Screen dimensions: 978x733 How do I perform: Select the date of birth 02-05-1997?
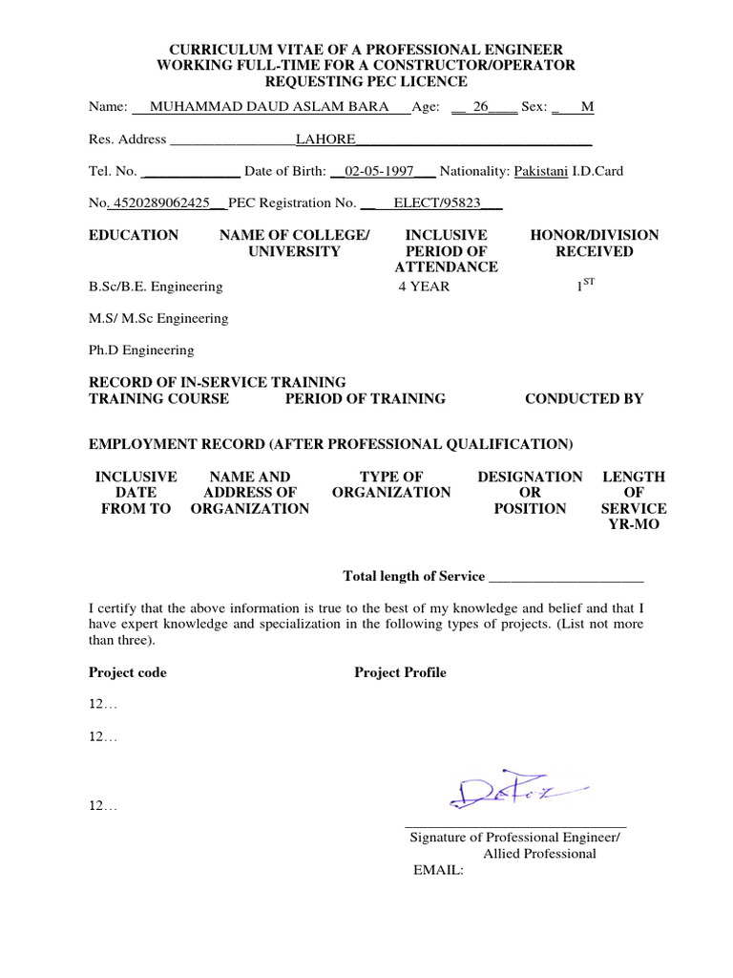click(x=380, y=171)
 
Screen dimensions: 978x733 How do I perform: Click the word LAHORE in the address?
click(x=325, y=139)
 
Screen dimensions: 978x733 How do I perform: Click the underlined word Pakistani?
click(x=541, y=171)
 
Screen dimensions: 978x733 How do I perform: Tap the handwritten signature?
click(x=515, y=792)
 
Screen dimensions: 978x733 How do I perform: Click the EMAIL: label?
click(x=437, y=870)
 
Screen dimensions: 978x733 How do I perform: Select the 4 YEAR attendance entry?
click(x=424, y=286)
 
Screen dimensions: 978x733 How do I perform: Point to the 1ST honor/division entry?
click(x=585, y=285)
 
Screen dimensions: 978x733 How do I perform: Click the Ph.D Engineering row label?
click(x=141, y=350)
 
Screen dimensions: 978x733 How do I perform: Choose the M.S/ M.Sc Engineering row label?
click(x=158, y=318)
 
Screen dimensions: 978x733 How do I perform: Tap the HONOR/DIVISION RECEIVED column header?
click(x=594, y=243)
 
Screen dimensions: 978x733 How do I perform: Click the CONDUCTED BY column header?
click(x=584, y=398)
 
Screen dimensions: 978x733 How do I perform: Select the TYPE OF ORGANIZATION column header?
click(x=391, y=484)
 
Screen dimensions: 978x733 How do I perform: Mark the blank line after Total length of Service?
click(x=565, y=577)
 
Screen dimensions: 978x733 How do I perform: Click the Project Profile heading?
click(x=400, y=672)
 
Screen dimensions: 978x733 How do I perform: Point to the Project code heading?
click(x=128, y=672)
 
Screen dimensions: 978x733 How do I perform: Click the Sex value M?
click(x=587, y=107)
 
